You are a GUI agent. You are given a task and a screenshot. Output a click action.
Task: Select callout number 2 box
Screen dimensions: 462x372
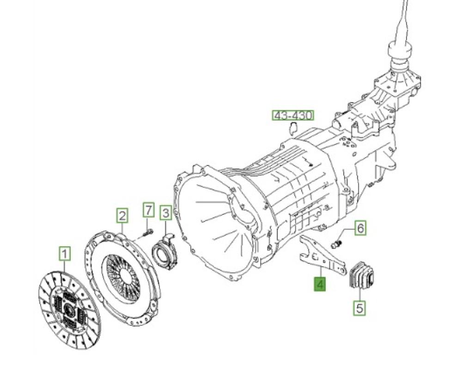pos(122,215)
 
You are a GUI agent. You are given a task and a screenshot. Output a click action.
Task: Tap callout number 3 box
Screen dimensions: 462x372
pos(165,213)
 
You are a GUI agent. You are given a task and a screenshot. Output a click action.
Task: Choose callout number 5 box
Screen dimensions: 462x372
pos(360,308)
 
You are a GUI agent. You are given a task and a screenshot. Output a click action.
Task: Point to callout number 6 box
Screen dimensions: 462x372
pos(361,227)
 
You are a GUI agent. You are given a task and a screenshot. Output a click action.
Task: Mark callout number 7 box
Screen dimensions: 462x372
pos(148,210)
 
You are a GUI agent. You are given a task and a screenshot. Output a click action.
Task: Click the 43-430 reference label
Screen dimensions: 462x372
pos(292,116)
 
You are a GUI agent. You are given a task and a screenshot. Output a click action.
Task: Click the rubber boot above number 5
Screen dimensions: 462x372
pos(361,274)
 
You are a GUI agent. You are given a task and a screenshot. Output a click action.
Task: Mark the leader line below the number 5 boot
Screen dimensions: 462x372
pos(360,294)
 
